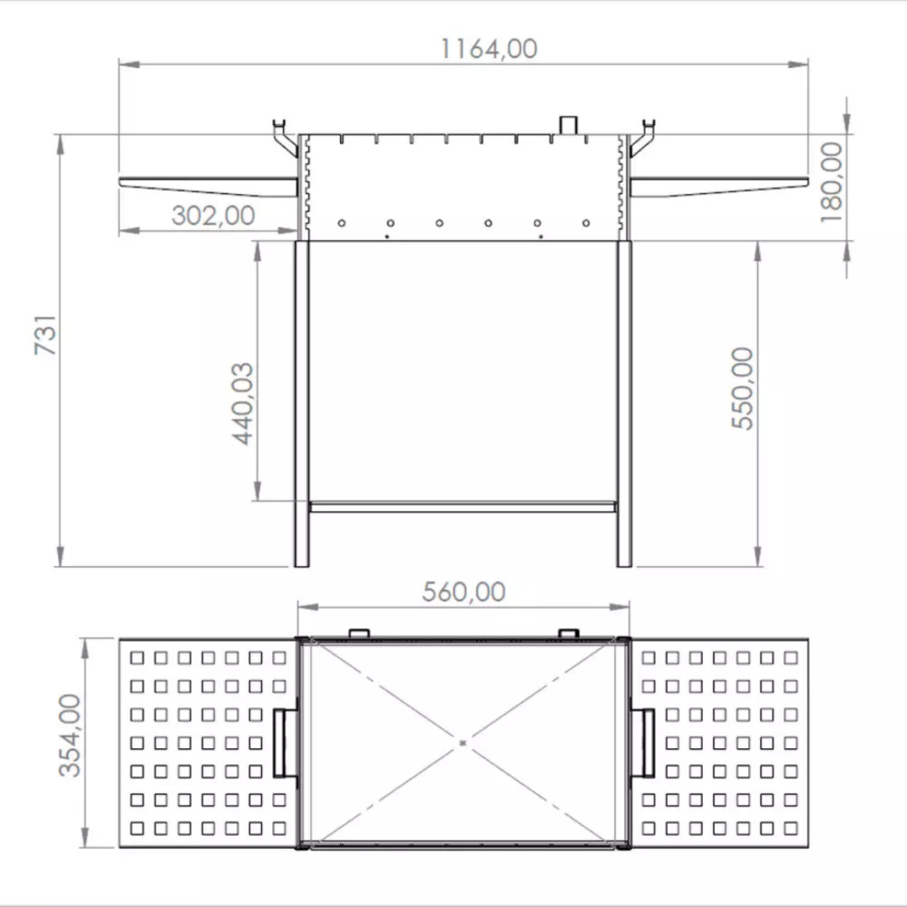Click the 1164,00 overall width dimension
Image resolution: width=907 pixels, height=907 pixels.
click(x=489, y=49)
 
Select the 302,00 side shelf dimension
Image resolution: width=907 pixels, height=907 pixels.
click(x=212, y=216)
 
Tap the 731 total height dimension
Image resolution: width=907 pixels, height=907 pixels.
click(x=45, y=334)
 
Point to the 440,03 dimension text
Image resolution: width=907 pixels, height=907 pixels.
click(x=243, y=404)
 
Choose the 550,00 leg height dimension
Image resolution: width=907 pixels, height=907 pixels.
click(x=742, y=388)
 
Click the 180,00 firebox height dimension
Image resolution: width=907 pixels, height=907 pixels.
click(x=831, y=182)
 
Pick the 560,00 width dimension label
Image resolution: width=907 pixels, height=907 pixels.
click(x=464, y=592)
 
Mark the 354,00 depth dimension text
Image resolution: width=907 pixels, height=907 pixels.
click(x=70, y=735)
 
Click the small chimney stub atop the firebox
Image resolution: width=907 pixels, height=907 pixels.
click(x=568, y=125)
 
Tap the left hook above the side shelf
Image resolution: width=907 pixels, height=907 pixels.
click(x=285, y=138)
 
